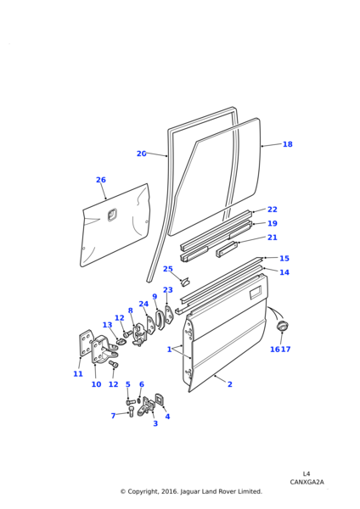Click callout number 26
coord(101,180)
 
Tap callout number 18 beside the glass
coord(288,144)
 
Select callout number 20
coord(141,154)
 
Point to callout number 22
coord(273,210)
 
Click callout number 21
coord(273,238)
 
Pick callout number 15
coord(284,259)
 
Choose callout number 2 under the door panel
coord(230,384)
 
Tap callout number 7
coord(113,416)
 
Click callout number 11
coord(78,374)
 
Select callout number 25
coord(168,269)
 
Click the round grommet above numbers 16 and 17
coord(282,326)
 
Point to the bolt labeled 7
coord(132,412)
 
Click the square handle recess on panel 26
coord(112,215)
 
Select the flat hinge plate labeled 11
coord(85,343)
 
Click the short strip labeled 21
coord(227,249)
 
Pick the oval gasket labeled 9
coord(160,320)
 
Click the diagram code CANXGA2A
coord(307,482)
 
